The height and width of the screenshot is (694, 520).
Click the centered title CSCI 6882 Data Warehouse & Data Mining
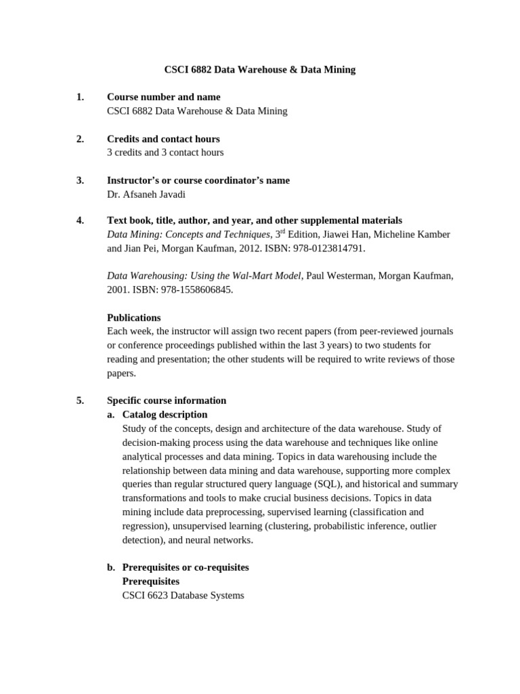pyautogui.click(x=260, y=69)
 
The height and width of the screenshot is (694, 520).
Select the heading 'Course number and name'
pyautogui.click(x=163, y=97)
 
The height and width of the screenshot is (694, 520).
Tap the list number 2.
pyautogui.click(x=80, y=139)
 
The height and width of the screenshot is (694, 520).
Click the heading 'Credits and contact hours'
pyautogui.click(x=163, y=139)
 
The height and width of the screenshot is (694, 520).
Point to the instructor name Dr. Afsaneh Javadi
pyautogui.click(x=146, y=194)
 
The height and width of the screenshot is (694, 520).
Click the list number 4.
pyautogui.click(x=80, y=220)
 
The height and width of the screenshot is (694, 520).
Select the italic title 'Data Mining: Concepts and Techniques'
pyautogui.click(x=188, y=234)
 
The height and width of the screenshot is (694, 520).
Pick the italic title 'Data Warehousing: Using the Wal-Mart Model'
pyautogui.click(x=204, y=276)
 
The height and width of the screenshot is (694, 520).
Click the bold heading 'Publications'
pyautogui.click(x=134, y=317)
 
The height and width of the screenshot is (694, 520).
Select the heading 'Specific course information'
pyautogui.click(x=167, y=401)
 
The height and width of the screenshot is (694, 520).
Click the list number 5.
pyautogui.click(x=80, y=401)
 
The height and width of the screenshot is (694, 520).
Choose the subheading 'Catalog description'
pyautogui.click(x=165, y=414)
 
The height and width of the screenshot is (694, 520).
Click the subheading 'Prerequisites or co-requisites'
pyautogui.click(x=186, y=567)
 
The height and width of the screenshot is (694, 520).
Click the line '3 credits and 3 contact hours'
pyautogui.click(x=165, y=152)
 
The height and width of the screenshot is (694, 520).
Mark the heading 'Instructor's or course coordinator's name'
pyautogui.click(x=198, y=180)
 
